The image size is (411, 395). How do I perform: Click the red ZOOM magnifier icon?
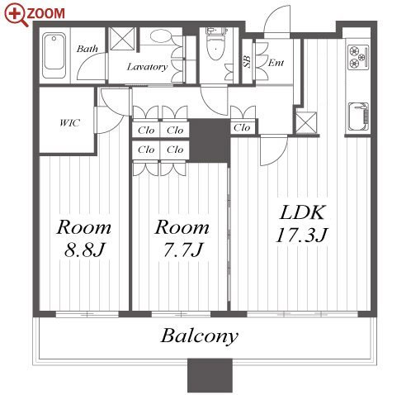pyautogui.click(x=17, y=15)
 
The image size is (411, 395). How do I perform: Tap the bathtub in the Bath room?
pyautogui.click(x=54, y=55)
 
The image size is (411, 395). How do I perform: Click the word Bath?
pyautogui.click(x=87, y=49)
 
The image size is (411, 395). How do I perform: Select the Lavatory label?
pyautogui.click(x=147, y=67)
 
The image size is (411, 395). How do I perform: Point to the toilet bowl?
pyautogui.click(x=215, y=48)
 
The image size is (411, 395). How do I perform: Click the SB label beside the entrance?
pyautogui.click(x=247, y=62)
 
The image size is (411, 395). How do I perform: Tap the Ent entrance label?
pyautogui.click(x=276, y=63)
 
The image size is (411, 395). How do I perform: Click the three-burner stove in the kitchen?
pyautogui.click(x=358, y=57)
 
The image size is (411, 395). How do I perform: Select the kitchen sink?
pyautogui.click(x=358, y=117)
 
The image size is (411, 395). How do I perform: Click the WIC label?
pyautogui.click(x=70, y=122)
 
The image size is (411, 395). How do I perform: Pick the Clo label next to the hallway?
pyautogui.click(x=242, y=127)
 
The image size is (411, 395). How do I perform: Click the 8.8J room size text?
pyautogui.click(x=84, y=250)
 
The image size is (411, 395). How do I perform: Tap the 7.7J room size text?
pyautogui.click(x=183, y=250)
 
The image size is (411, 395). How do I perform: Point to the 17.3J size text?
pyautogui.click(x=302, y=236)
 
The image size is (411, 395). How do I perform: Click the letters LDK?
pyautogui.click(x=302, y=212)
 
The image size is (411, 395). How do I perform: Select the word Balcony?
pyautogui.click(x=200, y=336)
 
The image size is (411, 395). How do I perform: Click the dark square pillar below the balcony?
pyautogui.click(x=210, y=375)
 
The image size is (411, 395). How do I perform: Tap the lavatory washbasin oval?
pyautogui.click(x=161, y=36)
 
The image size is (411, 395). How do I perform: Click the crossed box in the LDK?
pyautogui.click(x=306, y=122)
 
